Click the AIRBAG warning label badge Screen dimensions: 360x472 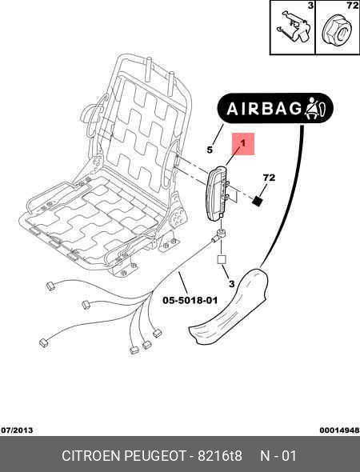(x=275, y=108)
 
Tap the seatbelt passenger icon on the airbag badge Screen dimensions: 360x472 (x=316, y=108)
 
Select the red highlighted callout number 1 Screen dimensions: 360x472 (x=243, y=144)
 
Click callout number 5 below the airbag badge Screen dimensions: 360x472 (x=210, y=150)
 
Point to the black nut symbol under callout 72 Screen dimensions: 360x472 (x=257, y=201)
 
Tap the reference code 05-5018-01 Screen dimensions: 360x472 (x=190, y=300)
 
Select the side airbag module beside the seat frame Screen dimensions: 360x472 (x=217, y=192)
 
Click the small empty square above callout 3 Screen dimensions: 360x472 (x=222, y=259)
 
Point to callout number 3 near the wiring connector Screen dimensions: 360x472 (x=231, y=283)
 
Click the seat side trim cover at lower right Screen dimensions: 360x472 (x=228, y=306)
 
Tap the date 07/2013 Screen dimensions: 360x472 (x=17, y=430)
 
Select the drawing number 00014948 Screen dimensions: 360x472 (x=339, y=430)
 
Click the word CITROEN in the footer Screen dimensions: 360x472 (x=91, y=456)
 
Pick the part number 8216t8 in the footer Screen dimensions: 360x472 (x=220, y=456)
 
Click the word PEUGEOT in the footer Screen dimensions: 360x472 (x=156, y=456)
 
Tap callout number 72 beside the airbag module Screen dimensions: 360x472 (x=269, y=178)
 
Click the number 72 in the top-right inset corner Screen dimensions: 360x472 (x=353, y=6)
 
